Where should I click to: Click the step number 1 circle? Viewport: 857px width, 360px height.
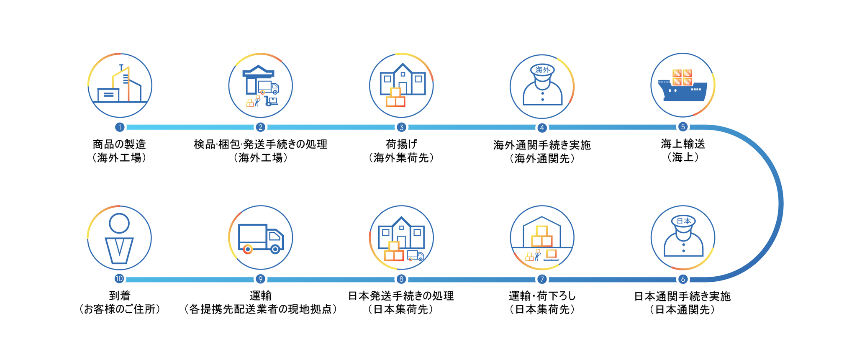(x=120, y=127)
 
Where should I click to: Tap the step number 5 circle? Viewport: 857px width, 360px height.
(x=683, y=127)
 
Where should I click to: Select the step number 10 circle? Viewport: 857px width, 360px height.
(x=119, y=279)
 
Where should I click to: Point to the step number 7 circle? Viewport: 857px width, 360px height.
(x=542, y=279)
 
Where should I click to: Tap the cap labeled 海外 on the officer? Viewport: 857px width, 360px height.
(x=542, y=70)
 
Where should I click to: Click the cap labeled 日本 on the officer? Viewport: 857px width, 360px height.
(x=683, y=221)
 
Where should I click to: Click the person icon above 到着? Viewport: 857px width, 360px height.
(x=119, y=238)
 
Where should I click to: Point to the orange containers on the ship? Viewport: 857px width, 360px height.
(x=682, y=77)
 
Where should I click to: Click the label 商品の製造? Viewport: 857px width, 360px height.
(x=120, y=144)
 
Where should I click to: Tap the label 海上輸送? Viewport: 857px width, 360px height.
(x=683, y=144)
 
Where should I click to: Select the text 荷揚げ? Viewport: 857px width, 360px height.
(x=401, y=144)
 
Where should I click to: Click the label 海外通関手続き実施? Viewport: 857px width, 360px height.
(x=542, y=145)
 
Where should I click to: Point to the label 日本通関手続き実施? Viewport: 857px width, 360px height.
(x=683, y=296)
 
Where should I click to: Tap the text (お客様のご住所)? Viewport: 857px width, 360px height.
(x=120, y=309)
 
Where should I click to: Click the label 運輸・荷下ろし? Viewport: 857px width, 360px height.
(x=542, y=296)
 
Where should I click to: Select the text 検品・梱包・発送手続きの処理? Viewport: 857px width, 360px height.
(x=260, y=144)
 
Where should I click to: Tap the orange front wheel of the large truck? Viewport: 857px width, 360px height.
(x=248, y=249)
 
